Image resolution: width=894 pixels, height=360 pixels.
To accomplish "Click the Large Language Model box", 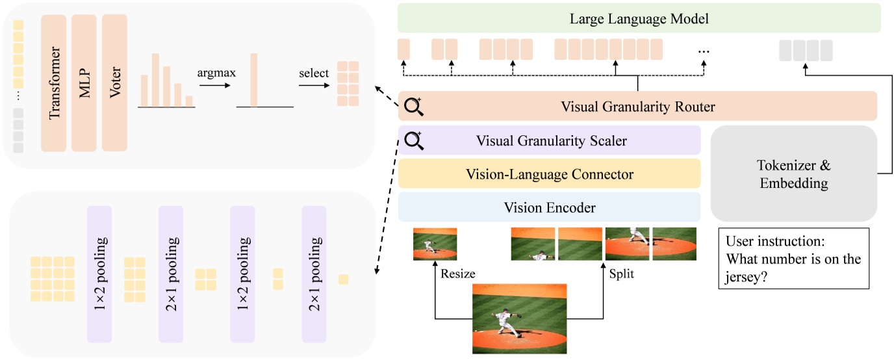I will pos(639,19).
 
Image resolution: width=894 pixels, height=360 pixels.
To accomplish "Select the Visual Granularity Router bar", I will pos(637,107).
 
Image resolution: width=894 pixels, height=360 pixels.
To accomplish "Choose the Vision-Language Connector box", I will pos(549,174).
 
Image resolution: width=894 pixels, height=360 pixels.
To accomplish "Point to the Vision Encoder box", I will pos(549,207).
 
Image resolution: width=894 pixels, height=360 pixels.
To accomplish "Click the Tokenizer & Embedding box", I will pos(794,174).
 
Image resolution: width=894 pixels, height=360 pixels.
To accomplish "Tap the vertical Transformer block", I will pos(54,83).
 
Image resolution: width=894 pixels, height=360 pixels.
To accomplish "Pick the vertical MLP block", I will pos(84,83).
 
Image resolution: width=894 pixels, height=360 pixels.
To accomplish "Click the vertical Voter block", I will pos(115,83).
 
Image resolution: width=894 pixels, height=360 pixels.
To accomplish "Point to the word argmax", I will pos(216,73).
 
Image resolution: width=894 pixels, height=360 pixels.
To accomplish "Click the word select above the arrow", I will pos(313,73).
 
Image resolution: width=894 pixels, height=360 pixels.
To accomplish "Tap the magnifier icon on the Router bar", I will pos(413,106).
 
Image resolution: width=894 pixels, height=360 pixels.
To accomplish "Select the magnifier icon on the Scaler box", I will pos(413,140).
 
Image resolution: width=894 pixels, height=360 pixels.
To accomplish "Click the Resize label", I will pos(457,274).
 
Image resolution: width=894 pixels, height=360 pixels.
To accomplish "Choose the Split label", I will pos(622,274).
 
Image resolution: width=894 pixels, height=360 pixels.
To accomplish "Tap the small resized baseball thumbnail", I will pos(435,244).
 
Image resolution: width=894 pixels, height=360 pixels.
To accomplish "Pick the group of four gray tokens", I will pos(806,49).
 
